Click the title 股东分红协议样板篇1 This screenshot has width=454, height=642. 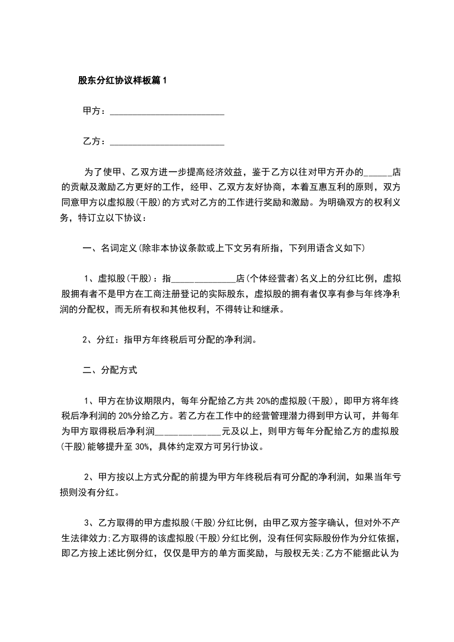(122, 81)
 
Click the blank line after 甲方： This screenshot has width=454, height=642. (166, 113)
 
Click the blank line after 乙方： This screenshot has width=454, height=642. (166, 141)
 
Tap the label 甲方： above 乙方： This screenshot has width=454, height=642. (94, 111)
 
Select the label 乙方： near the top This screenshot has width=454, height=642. (94, 140)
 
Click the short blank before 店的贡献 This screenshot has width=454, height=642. (378, 173)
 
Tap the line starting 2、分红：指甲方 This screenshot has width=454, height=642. (169, 339)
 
